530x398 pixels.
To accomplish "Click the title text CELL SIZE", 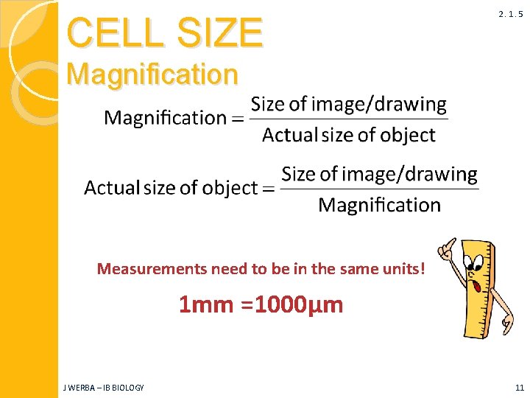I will [164, 32].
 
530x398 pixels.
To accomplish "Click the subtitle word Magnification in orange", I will [152, 74].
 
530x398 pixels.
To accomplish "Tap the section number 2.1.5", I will [509, 14].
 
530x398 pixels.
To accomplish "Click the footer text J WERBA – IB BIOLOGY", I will [104, 388].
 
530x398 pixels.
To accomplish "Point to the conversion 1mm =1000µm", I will [261, 304].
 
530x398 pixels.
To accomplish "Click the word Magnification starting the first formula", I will [166, 118].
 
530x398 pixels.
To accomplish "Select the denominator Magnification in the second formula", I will [379, 205].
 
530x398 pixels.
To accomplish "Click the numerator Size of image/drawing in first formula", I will [348, 104].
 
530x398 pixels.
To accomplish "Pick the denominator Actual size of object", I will [348, 136].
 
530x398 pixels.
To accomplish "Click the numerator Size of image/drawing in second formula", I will [379, 174].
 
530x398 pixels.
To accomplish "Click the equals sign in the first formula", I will [239, 119].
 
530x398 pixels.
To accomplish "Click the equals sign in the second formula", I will [269, 189].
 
